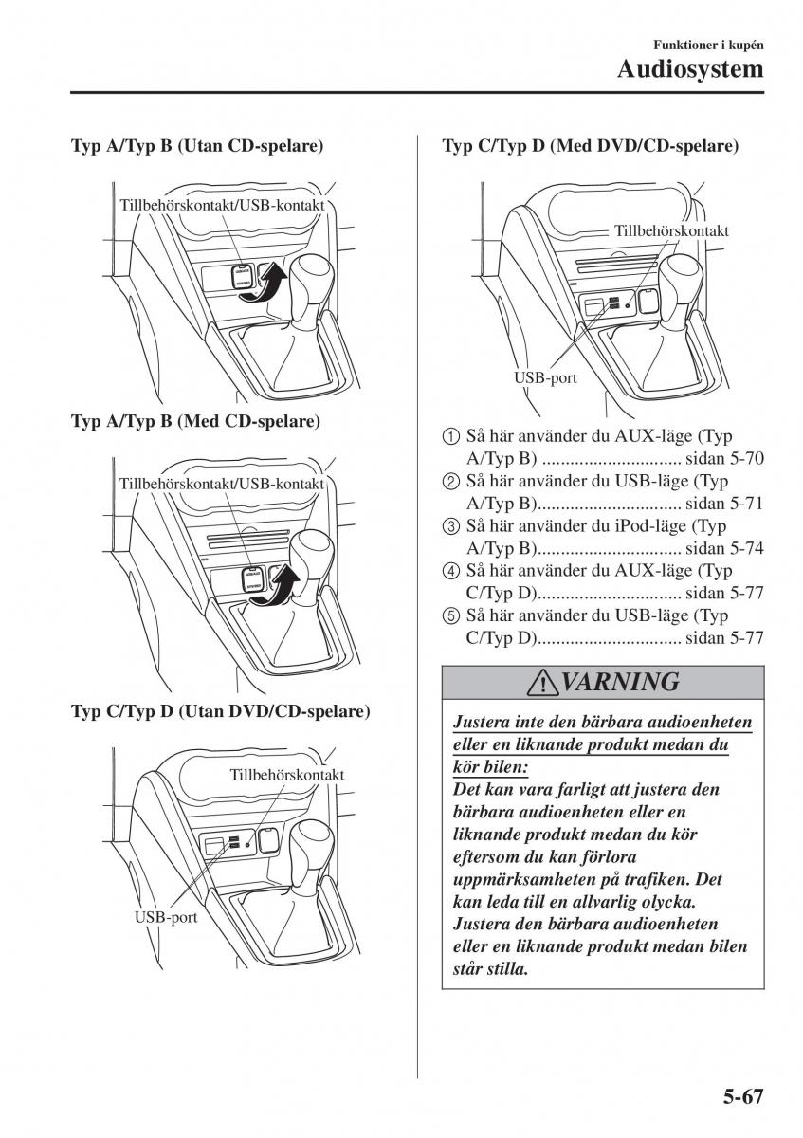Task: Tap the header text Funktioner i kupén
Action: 709,45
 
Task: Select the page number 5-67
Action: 734,1096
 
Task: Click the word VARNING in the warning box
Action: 619,681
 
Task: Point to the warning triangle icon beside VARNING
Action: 544,682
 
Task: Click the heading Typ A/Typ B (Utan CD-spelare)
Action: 198,147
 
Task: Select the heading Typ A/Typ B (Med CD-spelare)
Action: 195,420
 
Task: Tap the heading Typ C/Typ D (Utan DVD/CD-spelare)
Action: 221,710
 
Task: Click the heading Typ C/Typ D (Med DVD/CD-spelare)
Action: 591,147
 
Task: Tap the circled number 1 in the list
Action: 450,437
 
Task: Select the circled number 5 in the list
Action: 450,616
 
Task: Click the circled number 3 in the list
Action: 450,526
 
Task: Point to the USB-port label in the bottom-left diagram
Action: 166,917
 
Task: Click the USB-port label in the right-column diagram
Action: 546,377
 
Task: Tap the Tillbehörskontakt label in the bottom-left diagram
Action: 286,774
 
